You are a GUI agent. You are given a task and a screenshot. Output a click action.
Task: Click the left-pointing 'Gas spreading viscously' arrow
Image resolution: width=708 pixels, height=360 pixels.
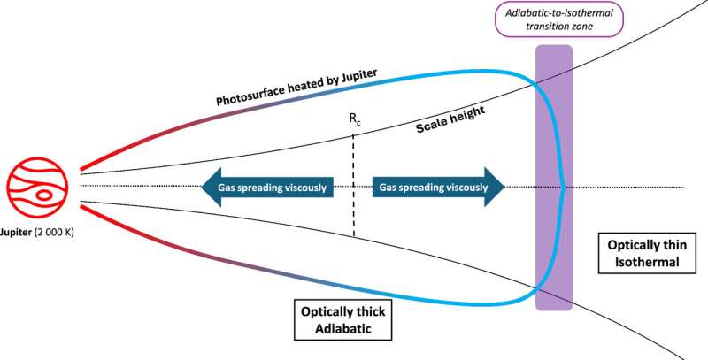coord(265,188)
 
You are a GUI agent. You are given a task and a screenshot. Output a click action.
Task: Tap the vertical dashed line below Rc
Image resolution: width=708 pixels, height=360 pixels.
coord(354,186)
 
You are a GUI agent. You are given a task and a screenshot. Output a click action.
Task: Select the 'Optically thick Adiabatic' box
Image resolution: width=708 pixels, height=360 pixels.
coord(332,323)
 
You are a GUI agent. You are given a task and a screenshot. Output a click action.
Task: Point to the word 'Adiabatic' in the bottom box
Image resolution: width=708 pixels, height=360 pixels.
coord(333,333)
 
